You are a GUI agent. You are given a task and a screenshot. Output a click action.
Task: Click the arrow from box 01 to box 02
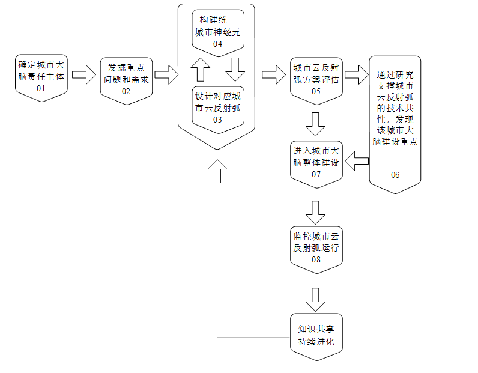tap(83, 76)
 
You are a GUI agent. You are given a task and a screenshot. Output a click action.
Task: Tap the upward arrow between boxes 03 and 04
tap(201, 69)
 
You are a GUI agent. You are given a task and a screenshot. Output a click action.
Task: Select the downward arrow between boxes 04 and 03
tap(235, 69)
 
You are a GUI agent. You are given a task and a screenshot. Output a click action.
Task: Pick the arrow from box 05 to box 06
tap(355, 76)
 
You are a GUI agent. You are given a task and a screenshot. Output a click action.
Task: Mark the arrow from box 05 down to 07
tap(315, 124)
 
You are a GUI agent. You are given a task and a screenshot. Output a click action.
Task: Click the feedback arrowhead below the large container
tap(217, 169)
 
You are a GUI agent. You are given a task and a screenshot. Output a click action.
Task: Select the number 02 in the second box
tap(126, 91)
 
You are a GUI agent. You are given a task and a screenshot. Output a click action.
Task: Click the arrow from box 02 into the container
tap(166, 76)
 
